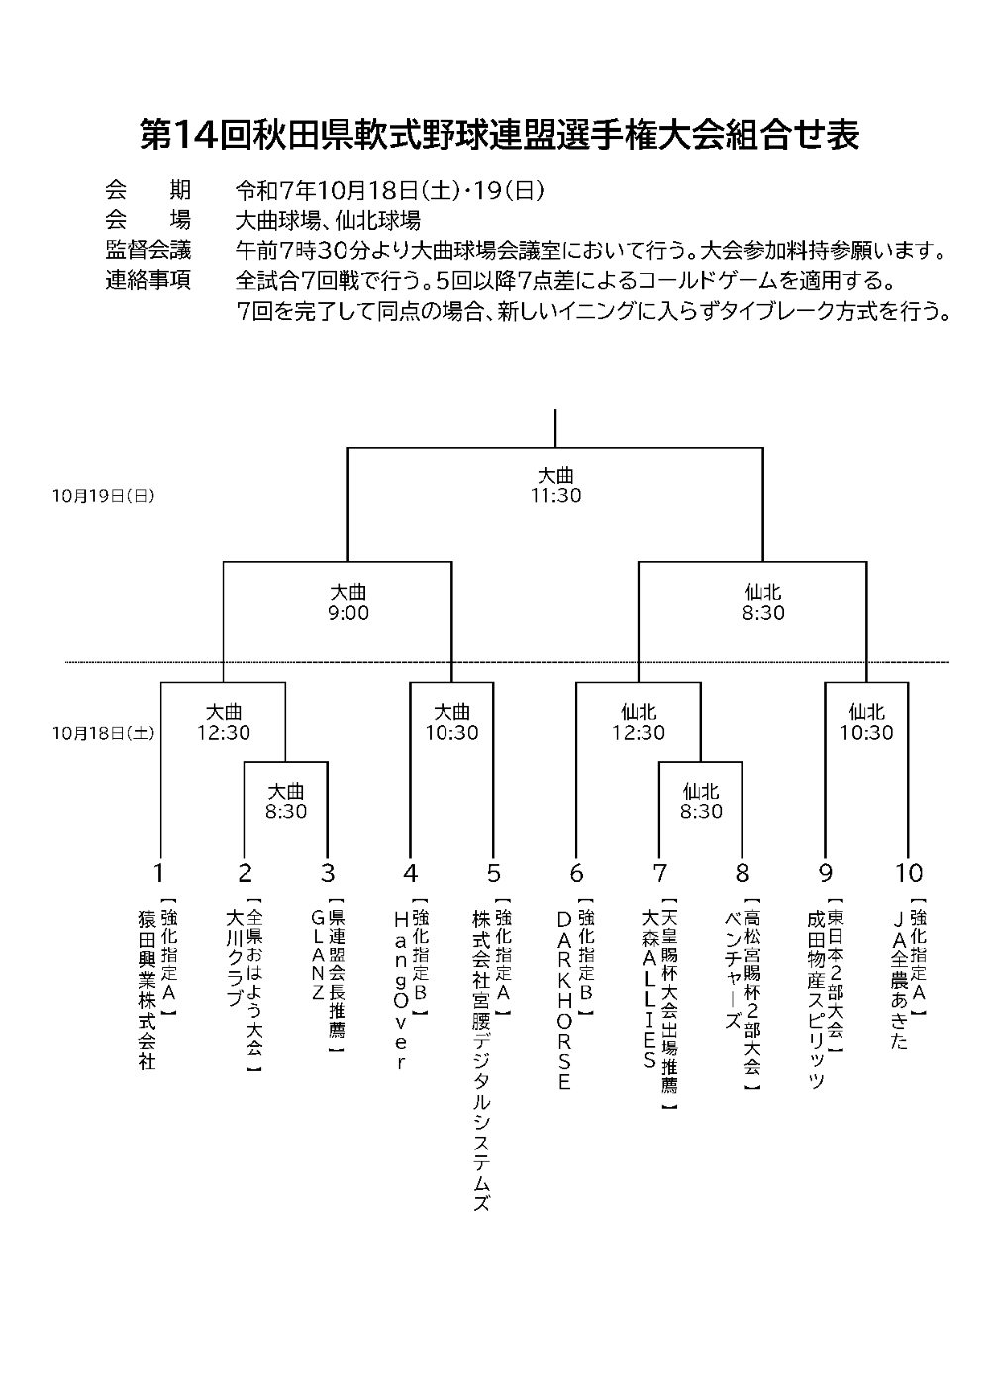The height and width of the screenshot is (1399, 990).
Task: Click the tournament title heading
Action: coord(499,135)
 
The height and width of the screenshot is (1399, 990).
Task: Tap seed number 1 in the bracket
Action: coord(158,873)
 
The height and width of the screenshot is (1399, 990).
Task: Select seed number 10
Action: coord(908,873)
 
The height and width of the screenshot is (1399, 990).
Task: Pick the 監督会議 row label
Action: coord(148,249)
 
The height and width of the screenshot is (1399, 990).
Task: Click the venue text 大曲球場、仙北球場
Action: coord(328,220)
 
